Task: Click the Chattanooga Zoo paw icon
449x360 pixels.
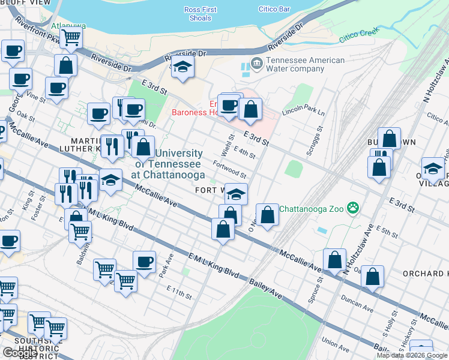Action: [355, 208]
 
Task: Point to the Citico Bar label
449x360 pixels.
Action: [274, 10]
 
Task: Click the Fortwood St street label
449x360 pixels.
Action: [229, 169]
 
